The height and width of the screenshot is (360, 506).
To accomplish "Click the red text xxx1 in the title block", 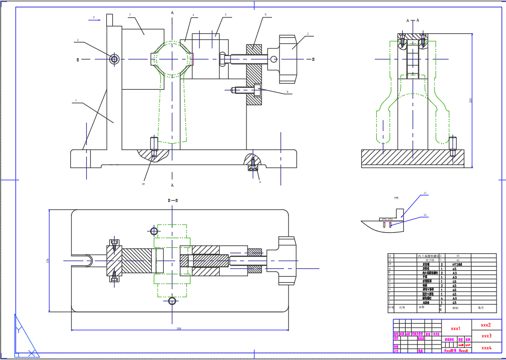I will (455, 329).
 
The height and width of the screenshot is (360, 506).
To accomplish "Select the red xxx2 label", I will (486, 325).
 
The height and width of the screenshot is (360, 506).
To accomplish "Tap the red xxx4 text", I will (486, 348).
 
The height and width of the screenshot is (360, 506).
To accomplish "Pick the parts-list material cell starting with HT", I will (458, 265).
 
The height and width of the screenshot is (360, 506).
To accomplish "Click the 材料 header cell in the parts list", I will (455, 308).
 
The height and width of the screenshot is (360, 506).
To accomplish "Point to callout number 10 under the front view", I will (143, 183).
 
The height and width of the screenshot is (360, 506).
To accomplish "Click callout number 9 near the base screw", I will (259, 182).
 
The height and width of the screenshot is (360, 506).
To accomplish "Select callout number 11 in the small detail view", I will (425, 193).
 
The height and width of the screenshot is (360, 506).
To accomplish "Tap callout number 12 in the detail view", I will (425, 215).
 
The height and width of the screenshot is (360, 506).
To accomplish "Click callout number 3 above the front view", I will (130, 15).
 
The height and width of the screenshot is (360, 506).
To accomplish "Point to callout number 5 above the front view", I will (225, 15).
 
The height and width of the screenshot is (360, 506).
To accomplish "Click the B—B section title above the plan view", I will (173, 200).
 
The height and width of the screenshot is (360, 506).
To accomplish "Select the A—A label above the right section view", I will (413, 20).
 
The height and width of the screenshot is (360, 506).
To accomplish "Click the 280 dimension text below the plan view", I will (178, 329).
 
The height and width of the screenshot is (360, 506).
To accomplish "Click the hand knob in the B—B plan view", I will (285, 261).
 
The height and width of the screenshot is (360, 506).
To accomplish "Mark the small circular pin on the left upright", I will (114, 59).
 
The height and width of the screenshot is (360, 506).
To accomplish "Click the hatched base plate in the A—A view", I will (412, 157).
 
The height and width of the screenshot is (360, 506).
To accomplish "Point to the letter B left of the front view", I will (77, 60).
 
